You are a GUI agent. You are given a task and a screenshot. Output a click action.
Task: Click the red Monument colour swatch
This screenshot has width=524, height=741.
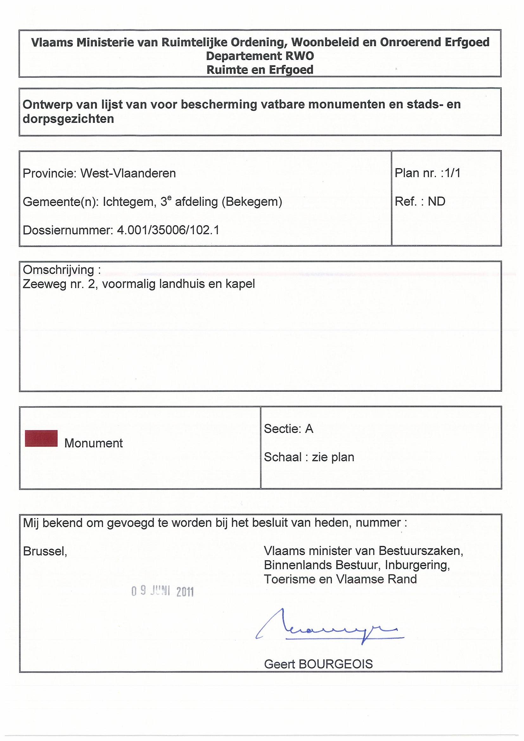point(41,438)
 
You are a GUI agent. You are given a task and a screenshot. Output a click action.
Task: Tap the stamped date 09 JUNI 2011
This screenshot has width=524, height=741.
point(163,591)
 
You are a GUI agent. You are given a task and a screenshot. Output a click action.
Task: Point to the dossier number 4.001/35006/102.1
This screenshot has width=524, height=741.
point(168,230)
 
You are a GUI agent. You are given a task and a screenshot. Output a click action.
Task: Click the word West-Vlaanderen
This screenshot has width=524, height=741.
point(128,173)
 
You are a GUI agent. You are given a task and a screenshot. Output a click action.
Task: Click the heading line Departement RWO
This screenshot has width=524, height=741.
point(260,56)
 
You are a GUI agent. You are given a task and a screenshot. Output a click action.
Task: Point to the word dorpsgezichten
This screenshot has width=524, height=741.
point(68,119)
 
